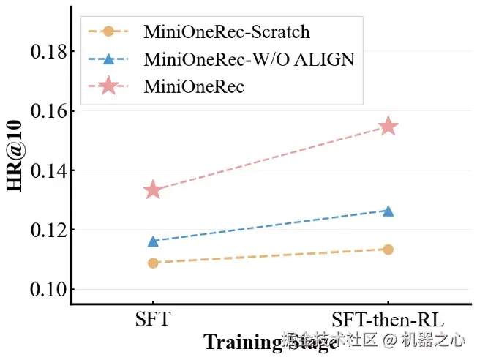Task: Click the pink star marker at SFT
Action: pos(153,190)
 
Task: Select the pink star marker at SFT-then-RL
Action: pos(388,127)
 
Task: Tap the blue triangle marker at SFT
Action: pos(153,241)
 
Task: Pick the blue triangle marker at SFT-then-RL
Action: pos(388,211)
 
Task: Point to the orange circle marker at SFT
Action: pos(153,263)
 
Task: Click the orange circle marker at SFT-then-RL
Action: pos(388,250)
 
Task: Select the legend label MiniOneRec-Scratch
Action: pos(226,31)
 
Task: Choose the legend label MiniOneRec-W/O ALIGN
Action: pos(249,59)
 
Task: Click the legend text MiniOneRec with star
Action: pos(193,86)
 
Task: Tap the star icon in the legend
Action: pos(108,86)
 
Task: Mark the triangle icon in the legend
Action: pos(108,59)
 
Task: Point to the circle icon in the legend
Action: pos(108,31)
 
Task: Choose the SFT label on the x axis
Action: pos(153,320)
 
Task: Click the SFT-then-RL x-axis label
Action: pos(388,320)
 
